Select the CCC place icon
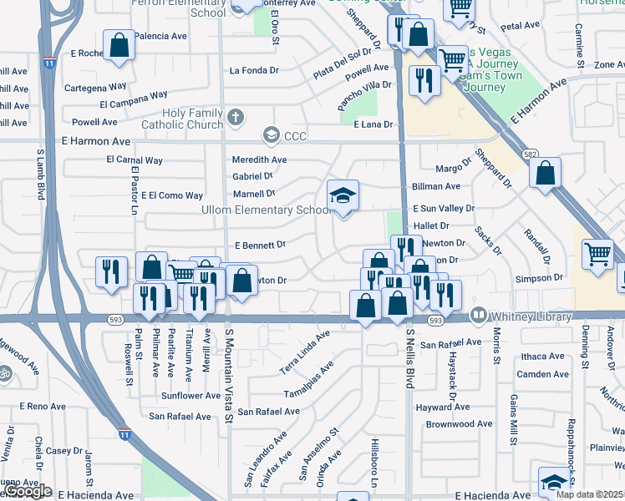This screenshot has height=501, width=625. pos(271,134)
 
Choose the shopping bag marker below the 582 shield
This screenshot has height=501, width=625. pos(545,174)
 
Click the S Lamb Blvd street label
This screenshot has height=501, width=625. pos(39,175)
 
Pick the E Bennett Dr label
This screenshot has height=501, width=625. pos(262,245)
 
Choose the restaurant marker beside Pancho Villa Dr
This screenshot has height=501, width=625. pos(424,81)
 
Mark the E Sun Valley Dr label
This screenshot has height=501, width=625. pos(444,209)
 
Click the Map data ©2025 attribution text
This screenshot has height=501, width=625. pos(590,494)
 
